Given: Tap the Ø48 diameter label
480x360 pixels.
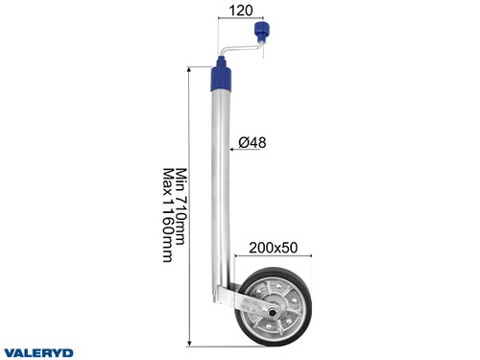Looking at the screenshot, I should click(252, 143).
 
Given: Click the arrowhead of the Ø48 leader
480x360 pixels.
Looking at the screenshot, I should click(233, 148).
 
